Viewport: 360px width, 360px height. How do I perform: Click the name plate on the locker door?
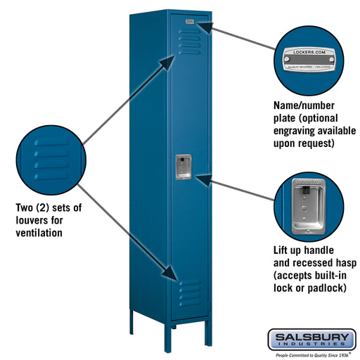point(189,22)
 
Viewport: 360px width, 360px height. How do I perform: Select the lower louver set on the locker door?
point(190,292)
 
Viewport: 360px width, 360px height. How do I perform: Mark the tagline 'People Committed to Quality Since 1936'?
point(311,355)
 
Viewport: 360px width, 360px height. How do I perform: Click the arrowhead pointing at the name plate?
point(203,26)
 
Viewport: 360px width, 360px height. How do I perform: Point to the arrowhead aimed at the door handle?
point(200,180)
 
